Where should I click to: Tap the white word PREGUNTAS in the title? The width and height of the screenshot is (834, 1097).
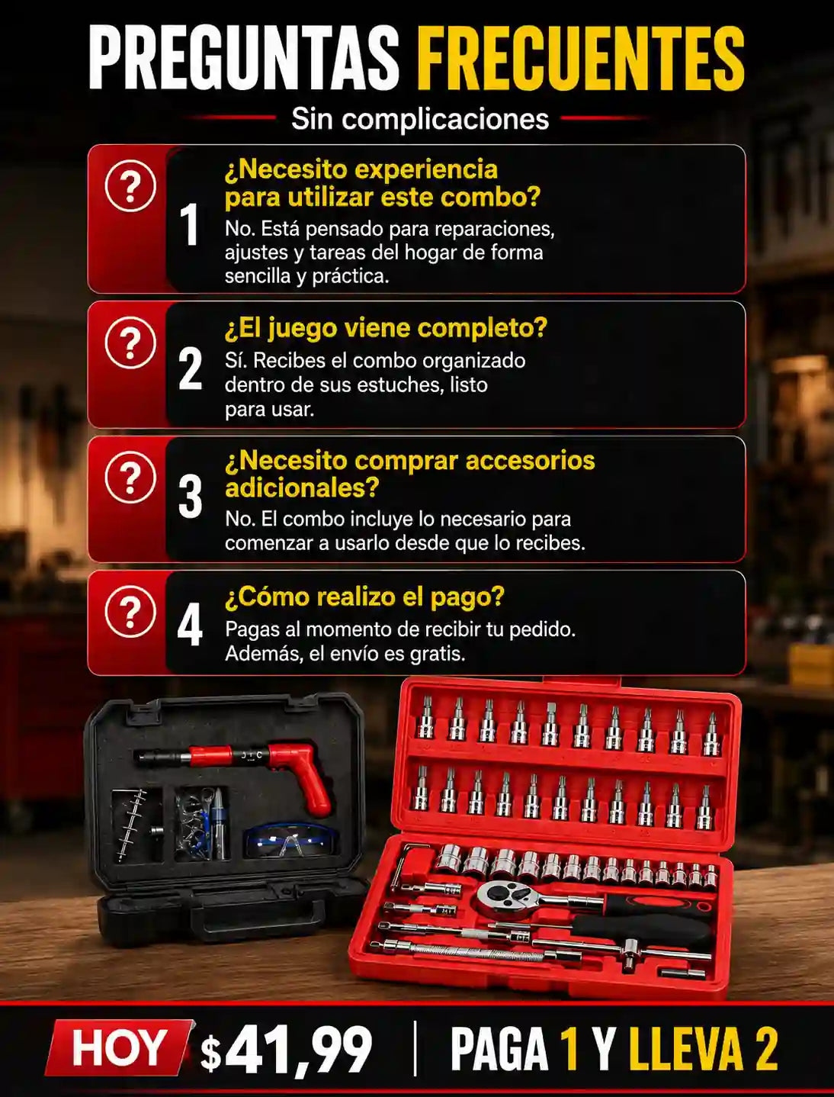[244, 58]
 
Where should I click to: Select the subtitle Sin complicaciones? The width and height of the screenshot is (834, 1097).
[420, 119]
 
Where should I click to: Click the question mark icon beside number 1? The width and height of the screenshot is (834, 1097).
[130, 186]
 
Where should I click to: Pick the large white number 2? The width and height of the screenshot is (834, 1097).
[191, 369]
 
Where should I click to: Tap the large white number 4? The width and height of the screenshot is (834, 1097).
[191, 625]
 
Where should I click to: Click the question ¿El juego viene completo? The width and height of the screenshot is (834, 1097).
[386, 328]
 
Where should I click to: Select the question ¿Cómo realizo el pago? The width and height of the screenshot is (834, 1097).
[364, 597]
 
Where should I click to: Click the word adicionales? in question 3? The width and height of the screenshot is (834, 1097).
[302, 487]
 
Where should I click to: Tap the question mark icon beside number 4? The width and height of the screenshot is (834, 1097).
[130, 611]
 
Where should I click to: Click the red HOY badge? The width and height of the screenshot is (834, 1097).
[118, 1047]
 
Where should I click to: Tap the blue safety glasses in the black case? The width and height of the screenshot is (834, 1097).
[290, 840]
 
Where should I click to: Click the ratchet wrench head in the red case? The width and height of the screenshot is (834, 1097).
[499, 896]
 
